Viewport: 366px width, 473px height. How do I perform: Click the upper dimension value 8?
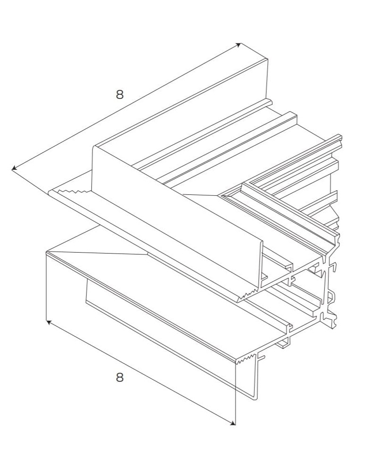pos(120,94)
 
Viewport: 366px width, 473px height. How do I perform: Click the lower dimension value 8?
pos(120,377)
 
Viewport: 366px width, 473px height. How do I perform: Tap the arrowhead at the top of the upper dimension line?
pos(239,45)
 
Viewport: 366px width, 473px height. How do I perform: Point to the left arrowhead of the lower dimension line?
pos(48,322)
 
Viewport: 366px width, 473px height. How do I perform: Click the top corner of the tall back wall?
pos(268,59)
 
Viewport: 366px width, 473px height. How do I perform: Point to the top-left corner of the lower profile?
pos(46,253)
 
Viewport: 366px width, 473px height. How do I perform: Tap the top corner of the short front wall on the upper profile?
pos(93,146)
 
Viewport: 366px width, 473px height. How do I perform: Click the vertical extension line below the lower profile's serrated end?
pos(235,393)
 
